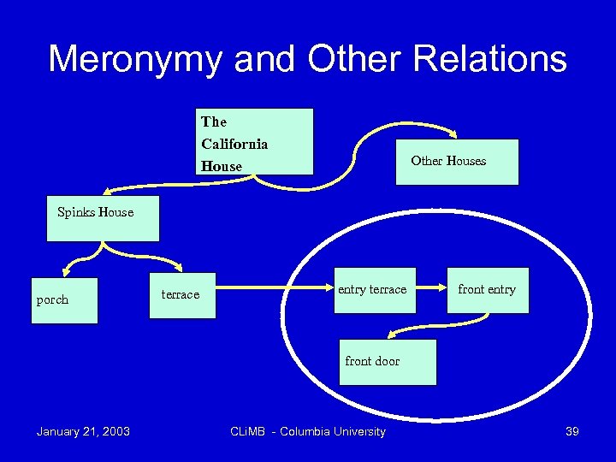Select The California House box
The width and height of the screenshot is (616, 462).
pyautogui.click(x=254, y=142)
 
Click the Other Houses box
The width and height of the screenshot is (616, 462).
pyautogui.click(x=457, y=162)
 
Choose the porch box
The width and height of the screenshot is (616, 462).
pyautogui.click(x=64, y=300)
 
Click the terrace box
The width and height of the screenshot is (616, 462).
pyautogui.click(x=182, y=295)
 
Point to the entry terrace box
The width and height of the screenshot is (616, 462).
pyautogui.click(x=372, y=290)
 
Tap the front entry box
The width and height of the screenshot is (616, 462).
pyautogui.click(x=487, y=290)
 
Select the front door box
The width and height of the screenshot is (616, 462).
pyautogui.click(x=387, y=362)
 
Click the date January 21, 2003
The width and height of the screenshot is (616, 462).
pyautogui.click(x=83, y=431)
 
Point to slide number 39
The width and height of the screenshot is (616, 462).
pyautogui.click(x=572, y=431)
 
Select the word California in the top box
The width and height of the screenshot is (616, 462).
pyautogui.click(x=234, y=144)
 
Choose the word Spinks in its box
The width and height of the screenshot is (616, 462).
pyautogui.click(x=76, y=212)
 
